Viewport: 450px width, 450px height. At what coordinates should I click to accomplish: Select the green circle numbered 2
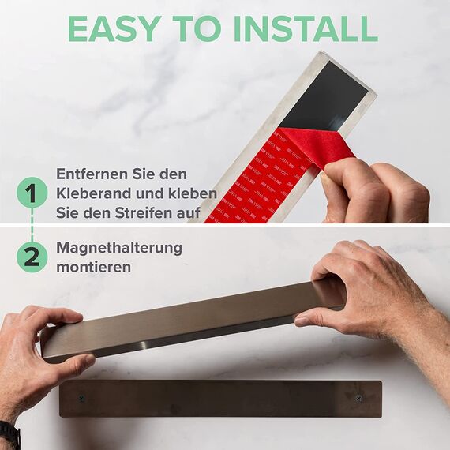click(x=31, y=257)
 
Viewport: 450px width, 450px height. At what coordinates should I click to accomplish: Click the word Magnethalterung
click(x=118, y=248)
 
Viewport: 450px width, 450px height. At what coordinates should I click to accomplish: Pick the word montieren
click(x=94, y=267)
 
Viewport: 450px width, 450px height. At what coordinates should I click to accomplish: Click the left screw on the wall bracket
click(x=81, y=398)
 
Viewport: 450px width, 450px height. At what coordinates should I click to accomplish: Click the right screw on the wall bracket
click(x=358, y=397)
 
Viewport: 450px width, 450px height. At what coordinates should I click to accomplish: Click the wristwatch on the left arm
click(x=8, y=433)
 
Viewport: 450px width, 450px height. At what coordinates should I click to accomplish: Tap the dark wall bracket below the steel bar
click(x=221, y=399)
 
